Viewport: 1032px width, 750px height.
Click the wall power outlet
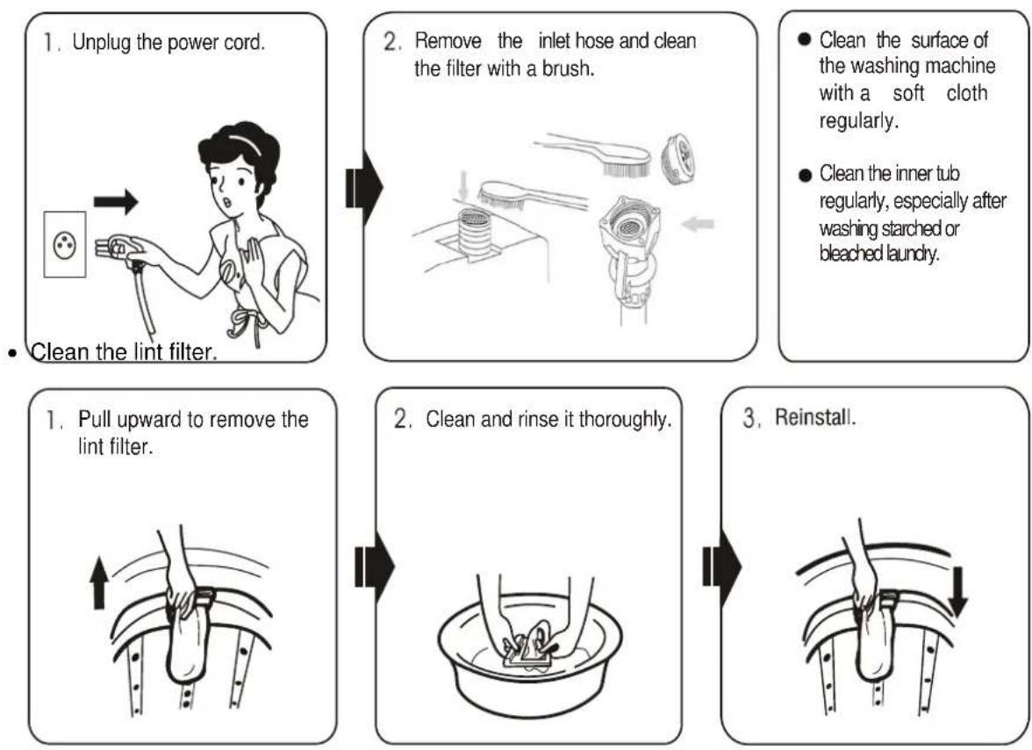(x=65, y=244)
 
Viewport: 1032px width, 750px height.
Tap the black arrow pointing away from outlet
(x=116, y=201)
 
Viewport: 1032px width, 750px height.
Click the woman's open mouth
(x=228, y=201)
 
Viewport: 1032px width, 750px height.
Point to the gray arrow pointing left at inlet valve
(x=699, y=224)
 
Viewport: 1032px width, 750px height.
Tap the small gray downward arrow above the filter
(x=464, y=187)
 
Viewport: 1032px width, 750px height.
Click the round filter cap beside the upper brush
(x=680, y=159)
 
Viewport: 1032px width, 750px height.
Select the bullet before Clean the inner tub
(x=805, y=175)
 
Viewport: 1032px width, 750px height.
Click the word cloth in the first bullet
(x=967, y=93)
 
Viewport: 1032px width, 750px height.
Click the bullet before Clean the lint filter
(x=12, y=353)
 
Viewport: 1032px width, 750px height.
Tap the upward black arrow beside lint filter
(x=98, y=582)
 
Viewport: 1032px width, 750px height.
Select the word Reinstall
(x=815, y=417)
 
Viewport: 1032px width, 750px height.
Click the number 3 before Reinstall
(x=749, y=417)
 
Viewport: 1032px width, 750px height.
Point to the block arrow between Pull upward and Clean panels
(x=375, y=567)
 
